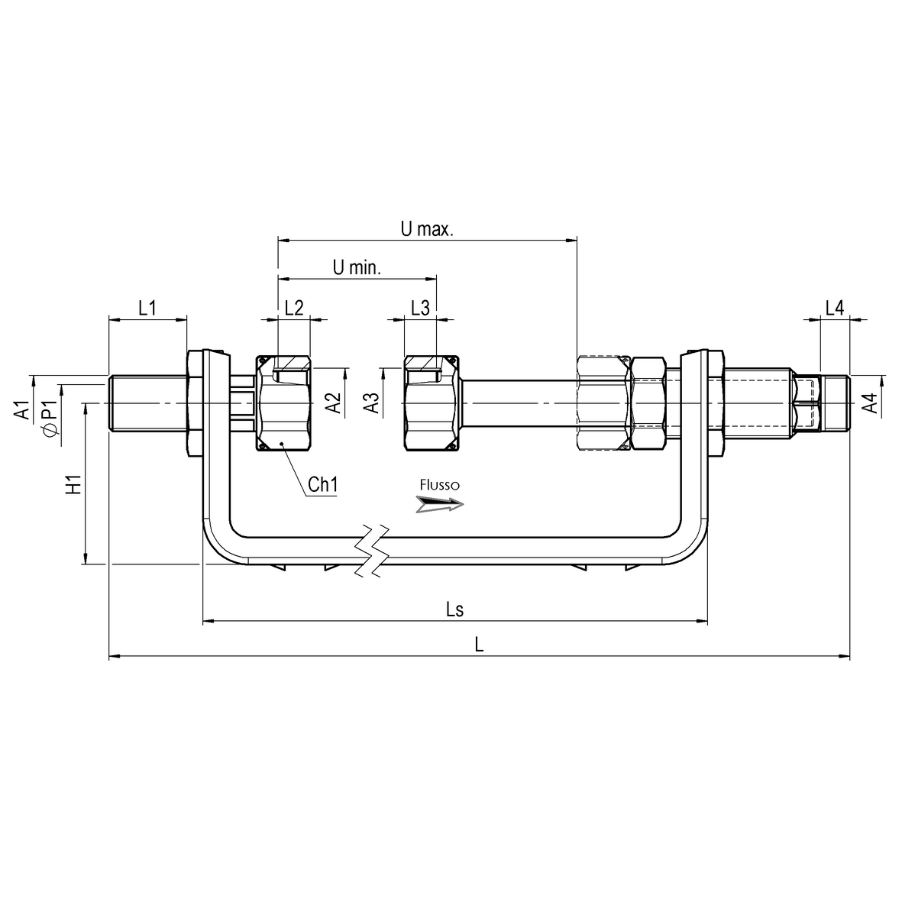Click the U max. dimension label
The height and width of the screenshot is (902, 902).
[x=427, y=229]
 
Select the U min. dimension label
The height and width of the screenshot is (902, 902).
[x=357, y=267]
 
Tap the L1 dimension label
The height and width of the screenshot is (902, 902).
[x=147, y=308]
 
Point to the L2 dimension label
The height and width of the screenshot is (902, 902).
[x=293, y=308]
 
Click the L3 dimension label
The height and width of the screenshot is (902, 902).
[x=419, y=308]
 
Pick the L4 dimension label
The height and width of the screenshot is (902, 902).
[x=834, y=308]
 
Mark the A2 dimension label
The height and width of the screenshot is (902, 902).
[x=332, y=403]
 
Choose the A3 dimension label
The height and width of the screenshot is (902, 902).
[x=371, y=403]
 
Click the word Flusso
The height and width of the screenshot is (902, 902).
[x=439, y=484]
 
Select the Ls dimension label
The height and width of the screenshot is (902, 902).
[x=454, y=609]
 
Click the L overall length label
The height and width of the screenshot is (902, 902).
[x=479, y=644]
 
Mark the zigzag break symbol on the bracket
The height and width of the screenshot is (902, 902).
[x=372, y=551]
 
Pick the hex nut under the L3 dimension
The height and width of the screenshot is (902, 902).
[x=430, y=403]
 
